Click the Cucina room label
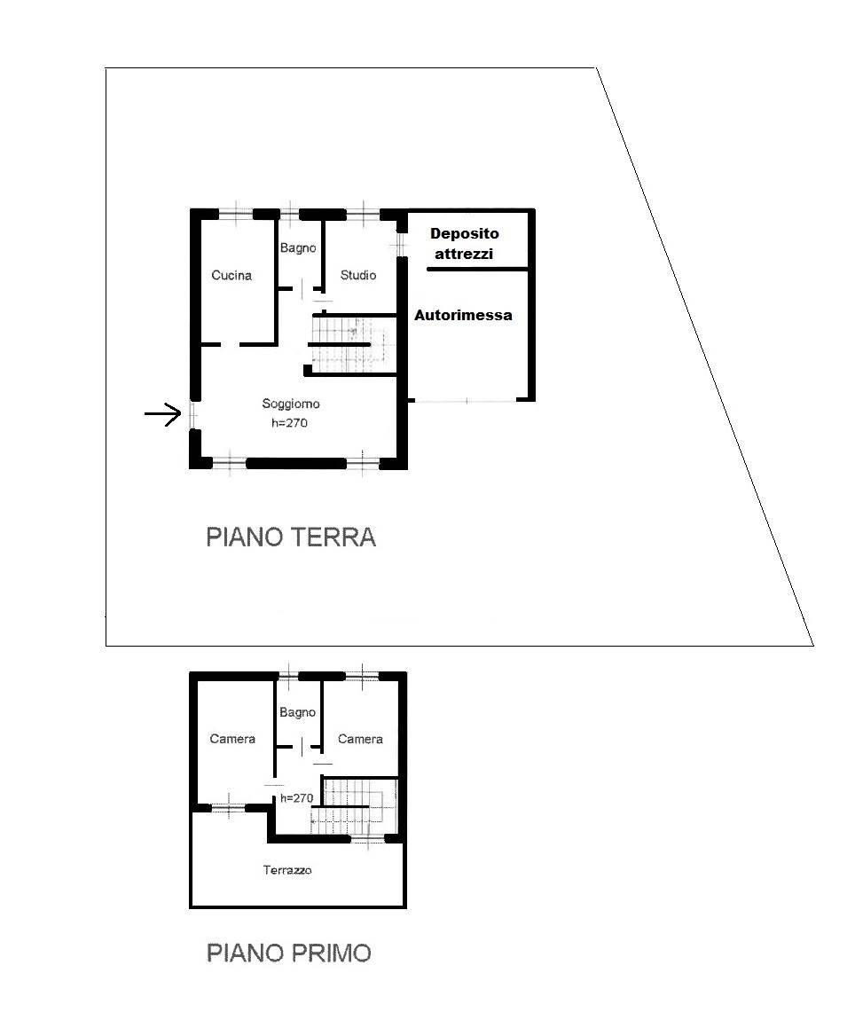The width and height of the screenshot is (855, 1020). [x=231, y=275]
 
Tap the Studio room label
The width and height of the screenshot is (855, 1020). [x=358, y=275]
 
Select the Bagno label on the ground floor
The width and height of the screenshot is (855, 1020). [x=298, y=247]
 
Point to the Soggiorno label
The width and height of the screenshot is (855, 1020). [x=291, y=404]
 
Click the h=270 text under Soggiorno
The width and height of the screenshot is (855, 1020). [x=289, y=423]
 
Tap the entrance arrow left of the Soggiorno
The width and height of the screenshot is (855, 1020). [x=162, y=413]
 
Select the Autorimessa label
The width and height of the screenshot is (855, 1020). [x=463, y=316]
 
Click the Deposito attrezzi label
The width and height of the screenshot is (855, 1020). [x=464, y=243]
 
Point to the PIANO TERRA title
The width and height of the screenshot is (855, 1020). [x=291, y=537]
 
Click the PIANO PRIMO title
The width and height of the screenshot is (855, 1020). [x=289, y=953]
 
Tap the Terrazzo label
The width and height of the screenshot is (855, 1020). [x=287, y=870]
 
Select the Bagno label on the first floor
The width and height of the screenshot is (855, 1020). [x=297, y=712]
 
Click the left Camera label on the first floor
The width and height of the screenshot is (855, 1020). [x=232, y=739]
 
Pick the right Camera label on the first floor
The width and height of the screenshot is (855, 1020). [x=360, y=739]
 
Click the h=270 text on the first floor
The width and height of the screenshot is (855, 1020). [x=297, y=798]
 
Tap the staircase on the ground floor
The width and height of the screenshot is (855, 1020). [x=351, y=343]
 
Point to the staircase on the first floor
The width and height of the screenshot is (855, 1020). [x=356, y=806]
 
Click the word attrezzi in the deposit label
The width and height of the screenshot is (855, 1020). [x=464, y=254]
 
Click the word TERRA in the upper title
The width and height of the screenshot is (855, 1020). [x=333, y=537]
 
